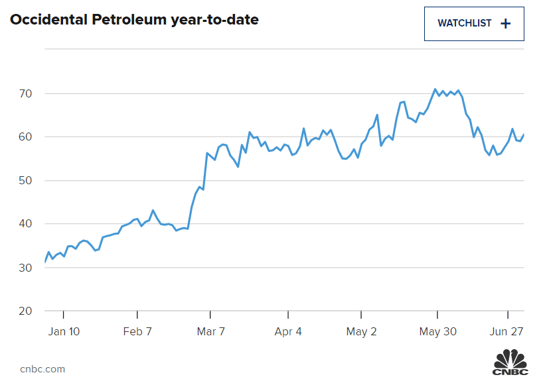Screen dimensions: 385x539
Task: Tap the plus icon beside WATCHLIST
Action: [506, 23]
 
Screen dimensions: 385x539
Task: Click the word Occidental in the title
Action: [46, 20]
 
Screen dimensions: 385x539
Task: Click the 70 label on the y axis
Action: [26, 93]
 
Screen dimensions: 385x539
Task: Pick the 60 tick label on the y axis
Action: [26, 137]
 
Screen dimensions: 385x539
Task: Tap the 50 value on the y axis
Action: [26, 181]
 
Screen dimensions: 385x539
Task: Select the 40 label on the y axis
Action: [26, 225]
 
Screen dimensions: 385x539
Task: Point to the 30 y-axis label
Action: [26, 268]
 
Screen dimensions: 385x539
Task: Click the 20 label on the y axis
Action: [26, 311]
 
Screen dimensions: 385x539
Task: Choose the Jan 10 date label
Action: [64, 331]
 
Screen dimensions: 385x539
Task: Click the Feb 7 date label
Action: [137, 331]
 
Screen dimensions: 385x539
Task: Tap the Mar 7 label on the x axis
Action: [210, 331]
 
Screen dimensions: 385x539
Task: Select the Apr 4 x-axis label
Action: [288, 331]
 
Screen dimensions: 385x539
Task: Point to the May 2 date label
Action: [362, 331]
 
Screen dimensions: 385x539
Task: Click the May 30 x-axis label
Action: [437, 331]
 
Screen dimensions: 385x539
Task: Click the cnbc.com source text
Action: [42, 369]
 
